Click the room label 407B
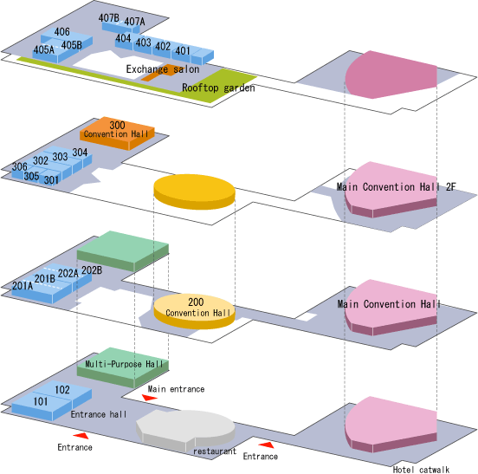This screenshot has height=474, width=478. (109, 18)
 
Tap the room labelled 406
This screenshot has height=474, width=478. (61, 32)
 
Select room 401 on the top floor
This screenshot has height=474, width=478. (183, 50)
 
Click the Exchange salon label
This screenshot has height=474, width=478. (163, 69)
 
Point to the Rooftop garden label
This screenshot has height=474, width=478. (218, 88)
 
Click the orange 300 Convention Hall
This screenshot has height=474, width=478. (117, 133)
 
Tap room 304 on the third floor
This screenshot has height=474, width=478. (80, 153)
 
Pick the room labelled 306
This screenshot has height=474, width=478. (20, 166)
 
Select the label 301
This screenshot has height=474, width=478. (51, 180)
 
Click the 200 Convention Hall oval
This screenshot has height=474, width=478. (194, 311)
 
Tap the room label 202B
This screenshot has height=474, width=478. (92, 270)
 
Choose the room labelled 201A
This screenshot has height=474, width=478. (23, 285)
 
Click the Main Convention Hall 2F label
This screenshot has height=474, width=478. (397, 186)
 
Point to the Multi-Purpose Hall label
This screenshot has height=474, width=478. (124, 364)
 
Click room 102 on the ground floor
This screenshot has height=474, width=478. (62, 390)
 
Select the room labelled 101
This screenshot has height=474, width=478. (41, 401)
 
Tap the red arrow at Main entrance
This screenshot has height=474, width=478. (150, 398)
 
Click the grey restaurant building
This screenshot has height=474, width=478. (185, 430)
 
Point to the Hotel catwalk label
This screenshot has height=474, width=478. (421, 470)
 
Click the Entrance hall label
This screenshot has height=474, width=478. (99, 414)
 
